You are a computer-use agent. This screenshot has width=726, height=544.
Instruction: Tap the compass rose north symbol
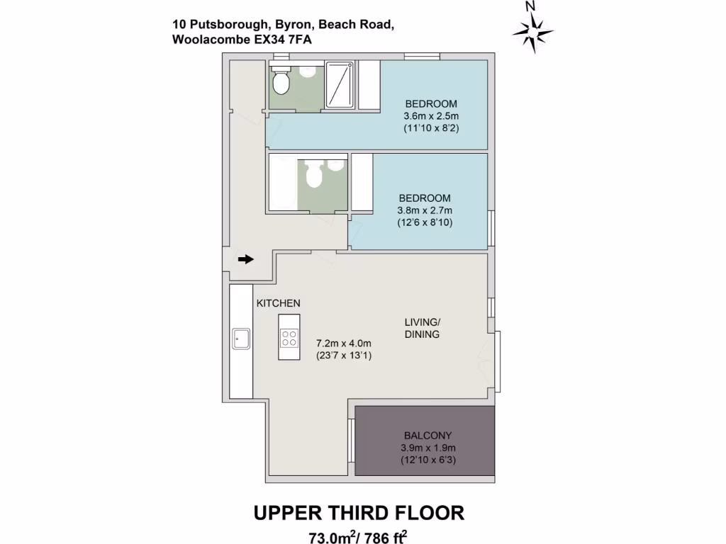(532, 30)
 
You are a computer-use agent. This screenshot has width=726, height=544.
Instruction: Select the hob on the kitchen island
(289, 338)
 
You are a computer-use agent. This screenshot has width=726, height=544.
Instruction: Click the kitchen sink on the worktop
(239, 339)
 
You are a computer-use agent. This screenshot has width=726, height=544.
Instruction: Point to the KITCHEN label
(278, 303)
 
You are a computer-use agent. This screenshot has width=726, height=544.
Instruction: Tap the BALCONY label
(428, 436)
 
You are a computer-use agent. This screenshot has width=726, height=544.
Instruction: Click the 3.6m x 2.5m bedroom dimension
(432, 116)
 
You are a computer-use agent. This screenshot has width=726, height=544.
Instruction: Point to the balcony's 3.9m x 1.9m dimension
(428, 448)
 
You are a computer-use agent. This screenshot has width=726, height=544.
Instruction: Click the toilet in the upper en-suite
(281, 83)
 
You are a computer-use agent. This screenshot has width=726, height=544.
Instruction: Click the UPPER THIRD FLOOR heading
(359, 512)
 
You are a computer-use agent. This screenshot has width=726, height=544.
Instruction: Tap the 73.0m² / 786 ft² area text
(359, 536)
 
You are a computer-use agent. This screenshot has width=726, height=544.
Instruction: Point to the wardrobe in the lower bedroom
(362, 182)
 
